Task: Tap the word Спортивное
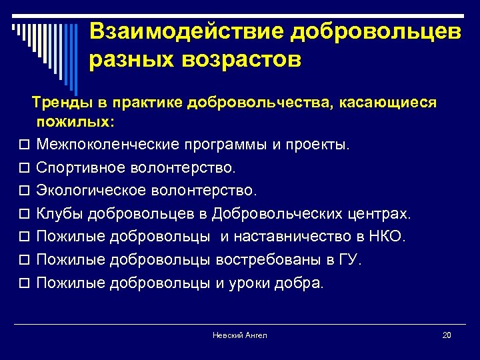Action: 75,167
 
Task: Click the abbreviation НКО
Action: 388,237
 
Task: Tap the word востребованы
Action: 268,259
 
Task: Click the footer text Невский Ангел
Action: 239,335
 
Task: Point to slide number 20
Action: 447,335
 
